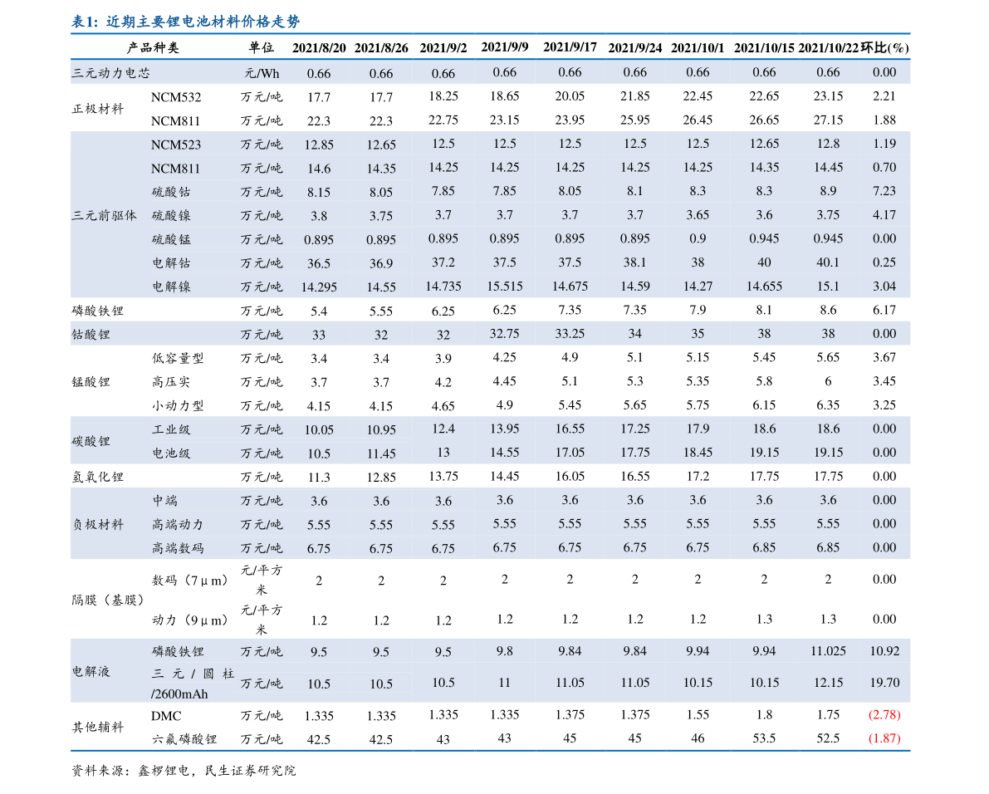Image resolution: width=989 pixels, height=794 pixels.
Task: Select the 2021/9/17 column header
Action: pos(570,47)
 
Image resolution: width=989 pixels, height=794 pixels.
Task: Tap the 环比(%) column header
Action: pos(884,47)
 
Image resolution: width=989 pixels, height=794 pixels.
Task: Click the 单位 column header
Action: pos(261,48)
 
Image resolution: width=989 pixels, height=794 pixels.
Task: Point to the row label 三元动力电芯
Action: pos(110,73)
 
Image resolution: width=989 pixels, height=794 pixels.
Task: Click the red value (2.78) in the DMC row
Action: pos(884,714)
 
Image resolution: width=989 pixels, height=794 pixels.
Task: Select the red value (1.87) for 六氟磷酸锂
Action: pos(884,738)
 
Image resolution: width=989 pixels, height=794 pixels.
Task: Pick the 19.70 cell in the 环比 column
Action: pos(884,683)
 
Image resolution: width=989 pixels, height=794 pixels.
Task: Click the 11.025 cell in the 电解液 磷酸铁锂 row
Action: pos(828,651)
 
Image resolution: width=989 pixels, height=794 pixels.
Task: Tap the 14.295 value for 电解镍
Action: pos(319,287)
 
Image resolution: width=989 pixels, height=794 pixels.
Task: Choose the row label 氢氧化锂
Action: pos(98,477)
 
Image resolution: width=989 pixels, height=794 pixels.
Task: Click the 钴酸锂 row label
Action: pos(91,334)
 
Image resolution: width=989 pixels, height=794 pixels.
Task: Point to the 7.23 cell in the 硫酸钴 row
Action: pos(884,191)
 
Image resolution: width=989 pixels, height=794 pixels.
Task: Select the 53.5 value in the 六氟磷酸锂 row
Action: pos(764,738)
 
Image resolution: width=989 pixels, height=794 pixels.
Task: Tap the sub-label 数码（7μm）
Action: pos(190,580)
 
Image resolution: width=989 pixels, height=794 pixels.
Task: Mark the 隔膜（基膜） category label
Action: pos(109,600)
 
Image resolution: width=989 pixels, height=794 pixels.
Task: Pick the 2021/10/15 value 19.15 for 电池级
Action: pos(764,453)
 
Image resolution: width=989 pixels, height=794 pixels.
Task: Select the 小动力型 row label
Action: pos(178,406)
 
